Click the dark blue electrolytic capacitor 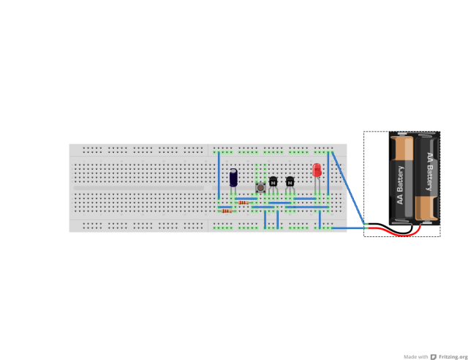(x=233, y=179)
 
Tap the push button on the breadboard (x=260, y=187)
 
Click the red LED (x=317, y=170)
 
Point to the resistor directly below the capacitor (x=227, y=211)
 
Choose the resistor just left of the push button (x=243, y=203)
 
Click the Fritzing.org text (x=453, y=356)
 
